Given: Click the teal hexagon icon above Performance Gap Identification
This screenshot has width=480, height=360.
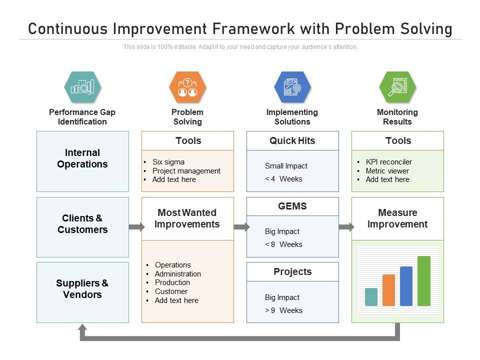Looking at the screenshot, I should pos(82,87).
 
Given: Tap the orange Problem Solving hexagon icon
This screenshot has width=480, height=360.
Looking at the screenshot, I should pos(187,87).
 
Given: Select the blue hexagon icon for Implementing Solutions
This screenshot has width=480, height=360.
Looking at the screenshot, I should pos(292,87).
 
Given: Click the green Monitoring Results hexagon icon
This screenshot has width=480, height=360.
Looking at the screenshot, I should pos(397,87).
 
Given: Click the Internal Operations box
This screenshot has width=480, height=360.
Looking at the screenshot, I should pos(82,161).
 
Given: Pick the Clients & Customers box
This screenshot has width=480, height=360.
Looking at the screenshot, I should pos(82,226).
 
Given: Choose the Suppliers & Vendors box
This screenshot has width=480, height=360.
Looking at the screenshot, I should pos(82,292).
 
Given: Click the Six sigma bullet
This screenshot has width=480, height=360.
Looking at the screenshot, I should pos(168,162).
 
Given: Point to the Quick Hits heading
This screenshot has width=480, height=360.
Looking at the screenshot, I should pos(292,140).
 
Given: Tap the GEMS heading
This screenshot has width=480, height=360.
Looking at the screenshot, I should pos(292,206).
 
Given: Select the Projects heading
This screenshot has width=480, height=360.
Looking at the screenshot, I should pos(292,271).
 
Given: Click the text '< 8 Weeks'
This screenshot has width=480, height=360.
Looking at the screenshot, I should pos(283,244).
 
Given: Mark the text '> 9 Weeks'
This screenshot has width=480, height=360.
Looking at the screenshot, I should pos(283,310).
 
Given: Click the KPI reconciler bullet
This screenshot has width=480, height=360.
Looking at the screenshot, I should pos(388,162).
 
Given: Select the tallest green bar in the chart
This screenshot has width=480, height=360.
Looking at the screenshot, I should pos(423,281).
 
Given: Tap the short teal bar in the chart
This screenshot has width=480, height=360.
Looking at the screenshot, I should pos(371,297).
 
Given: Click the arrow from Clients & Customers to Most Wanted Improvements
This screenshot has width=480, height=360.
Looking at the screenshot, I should pos(136,227).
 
